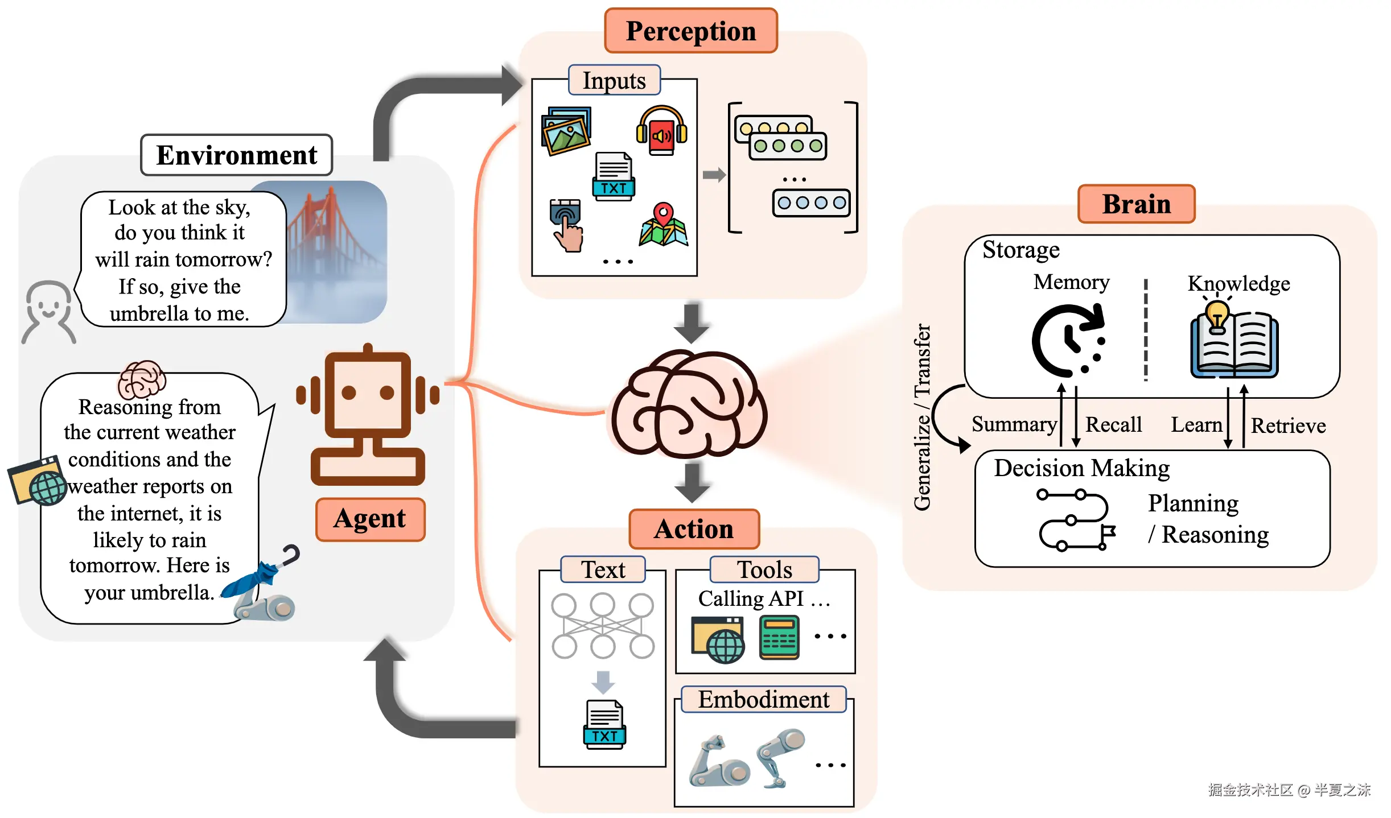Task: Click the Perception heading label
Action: [x=690, y=31]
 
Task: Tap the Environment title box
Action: [x=236, y=155]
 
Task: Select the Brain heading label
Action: [x=1136, y=204]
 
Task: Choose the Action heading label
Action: [x=694, y=529]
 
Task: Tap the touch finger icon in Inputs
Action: [x=566, y=225]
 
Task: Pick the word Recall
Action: [x=1113, y=425]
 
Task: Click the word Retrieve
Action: [x=1288, y=426]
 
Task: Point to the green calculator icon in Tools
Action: [x=779, y=638]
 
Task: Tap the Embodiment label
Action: [x=763, y=700]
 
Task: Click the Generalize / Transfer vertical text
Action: [x=922, y=417]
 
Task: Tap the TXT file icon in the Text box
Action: [x=604, y=725]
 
